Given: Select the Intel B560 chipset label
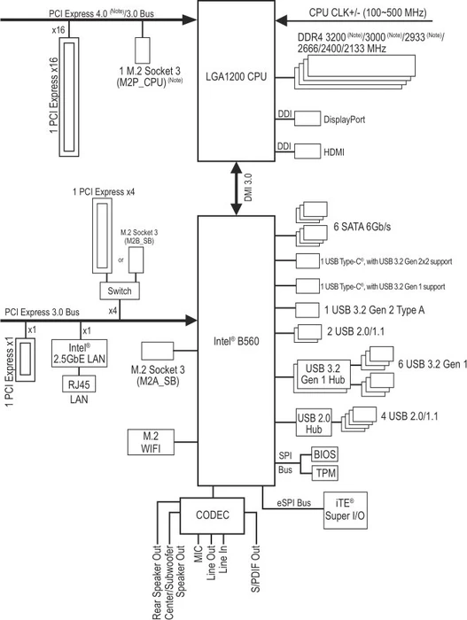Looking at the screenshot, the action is [237, 341].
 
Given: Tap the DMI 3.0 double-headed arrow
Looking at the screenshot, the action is [237, 189].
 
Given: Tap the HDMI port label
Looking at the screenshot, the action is [334, 152].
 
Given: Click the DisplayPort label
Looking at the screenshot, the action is [345, 120].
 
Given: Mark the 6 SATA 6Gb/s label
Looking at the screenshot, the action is [362, 227].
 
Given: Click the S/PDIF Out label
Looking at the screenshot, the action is [256, 569].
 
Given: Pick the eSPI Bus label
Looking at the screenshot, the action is [293, 503].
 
